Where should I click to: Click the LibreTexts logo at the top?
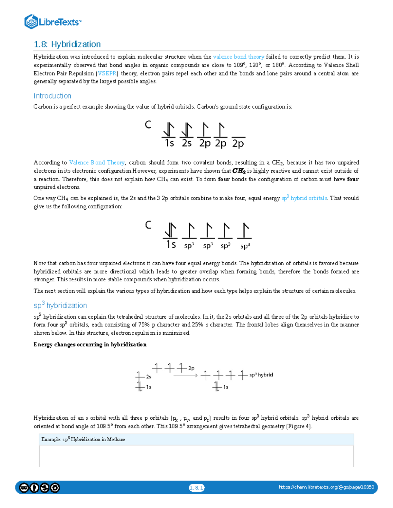coord(52,22)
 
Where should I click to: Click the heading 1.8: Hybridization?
coord(67,44)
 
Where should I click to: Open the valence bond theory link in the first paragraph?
coord(238,57)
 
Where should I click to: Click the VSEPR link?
coord(107,73)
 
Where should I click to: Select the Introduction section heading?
coord(52,96)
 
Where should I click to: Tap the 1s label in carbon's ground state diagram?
coord(169,143)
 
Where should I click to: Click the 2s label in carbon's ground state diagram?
coord(186,143)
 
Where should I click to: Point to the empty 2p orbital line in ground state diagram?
coord(238,137)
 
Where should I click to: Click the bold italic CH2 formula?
coord(239,171)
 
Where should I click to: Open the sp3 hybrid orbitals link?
coord(304,198)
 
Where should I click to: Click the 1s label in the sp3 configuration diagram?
coord(171,245)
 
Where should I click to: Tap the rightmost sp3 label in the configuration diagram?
coord(245,246)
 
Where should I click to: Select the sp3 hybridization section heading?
coord(60,306)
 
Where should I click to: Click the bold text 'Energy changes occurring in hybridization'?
coord(90,344)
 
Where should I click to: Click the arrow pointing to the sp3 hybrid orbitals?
coord(185,376)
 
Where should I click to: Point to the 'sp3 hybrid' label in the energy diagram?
coord(261,375)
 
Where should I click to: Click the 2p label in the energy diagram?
coord(191,368)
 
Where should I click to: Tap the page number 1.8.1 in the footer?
coord(196,488)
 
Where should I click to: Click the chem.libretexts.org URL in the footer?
coord(326,487)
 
